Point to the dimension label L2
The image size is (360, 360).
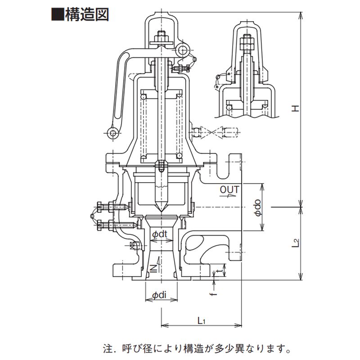coord(295,243)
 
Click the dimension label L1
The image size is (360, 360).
coord(202,320)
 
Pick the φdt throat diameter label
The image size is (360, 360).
coord(160,234)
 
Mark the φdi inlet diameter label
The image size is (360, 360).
coord(160,295)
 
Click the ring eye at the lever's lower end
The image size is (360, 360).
coord(112,132)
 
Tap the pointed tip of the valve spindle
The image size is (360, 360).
coord(161,210)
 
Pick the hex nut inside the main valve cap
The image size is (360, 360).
coord(161,37)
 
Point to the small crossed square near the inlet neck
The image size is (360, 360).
coord(133,245)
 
